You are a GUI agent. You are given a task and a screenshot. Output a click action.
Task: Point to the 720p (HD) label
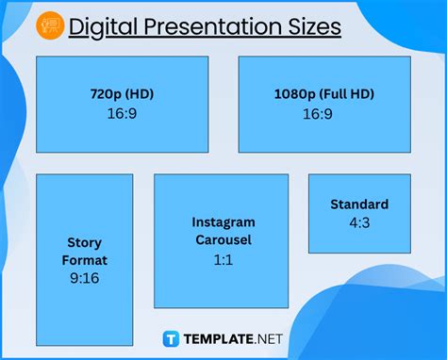point(122,95)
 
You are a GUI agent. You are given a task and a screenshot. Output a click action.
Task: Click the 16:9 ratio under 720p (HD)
point(122,113)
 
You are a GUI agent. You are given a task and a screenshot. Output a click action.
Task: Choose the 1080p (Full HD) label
point(323,95)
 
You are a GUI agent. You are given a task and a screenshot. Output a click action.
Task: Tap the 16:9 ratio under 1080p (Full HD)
point(323,113)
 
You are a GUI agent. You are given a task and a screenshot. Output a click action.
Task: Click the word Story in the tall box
point(84,242)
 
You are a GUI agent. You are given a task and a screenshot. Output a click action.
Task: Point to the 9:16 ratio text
point(84,278)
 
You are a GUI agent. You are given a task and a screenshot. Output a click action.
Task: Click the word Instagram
point(223,222)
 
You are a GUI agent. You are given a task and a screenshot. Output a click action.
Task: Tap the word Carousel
point(223,240)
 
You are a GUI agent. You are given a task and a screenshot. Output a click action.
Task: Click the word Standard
point(358,205)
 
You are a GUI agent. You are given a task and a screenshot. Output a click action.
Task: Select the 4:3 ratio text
point(358,222)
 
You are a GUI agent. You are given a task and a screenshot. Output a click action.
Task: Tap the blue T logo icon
point(172,337)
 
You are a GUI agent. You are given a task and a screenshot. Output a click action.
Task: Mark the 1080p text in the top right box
point(292,95)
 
